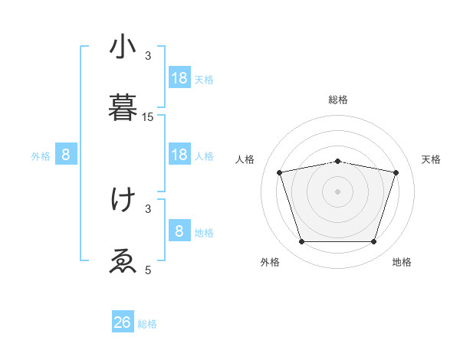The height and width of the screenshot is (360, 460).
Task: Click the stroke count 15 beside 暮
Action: (x=148, y=116)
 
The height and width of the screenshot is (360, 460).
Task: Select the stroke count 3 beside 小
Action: (x=148, y=56)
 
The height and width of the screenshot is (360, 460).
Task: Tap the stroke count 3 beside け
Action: (x=148, y=208)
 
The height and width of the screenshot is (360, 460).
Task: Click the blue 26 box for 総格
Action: (x=123, y=322)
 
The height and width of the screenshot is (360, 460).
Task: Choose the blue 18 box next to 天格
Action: (x=179, y=78)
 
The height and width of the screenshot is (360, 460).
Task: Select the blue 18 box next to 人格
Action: (x=179, y=155)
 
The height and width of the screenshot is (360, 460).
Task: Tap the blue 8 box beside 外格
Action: (x=66, y=155)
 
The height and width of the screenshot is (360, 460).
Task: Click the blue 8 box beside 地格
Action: (x=179, y=231)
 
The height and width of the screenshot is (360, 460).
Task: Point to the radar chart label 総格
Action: (x=338, y=100)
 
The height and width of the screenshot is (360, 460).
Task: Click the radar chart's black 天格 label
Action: (x=432, y=159)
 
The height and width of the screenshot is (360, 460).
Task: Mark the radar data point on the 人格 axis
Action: (x=280, y=172)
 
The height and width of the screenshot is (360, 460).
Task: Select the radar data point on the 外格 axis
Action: (x=301, y=242)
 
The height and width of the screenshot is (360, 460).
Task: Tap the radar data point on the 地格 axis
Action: (x=374, y=242)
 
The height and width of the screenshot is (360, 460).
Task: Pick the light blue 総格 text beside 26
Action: (x=147, y=324)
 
